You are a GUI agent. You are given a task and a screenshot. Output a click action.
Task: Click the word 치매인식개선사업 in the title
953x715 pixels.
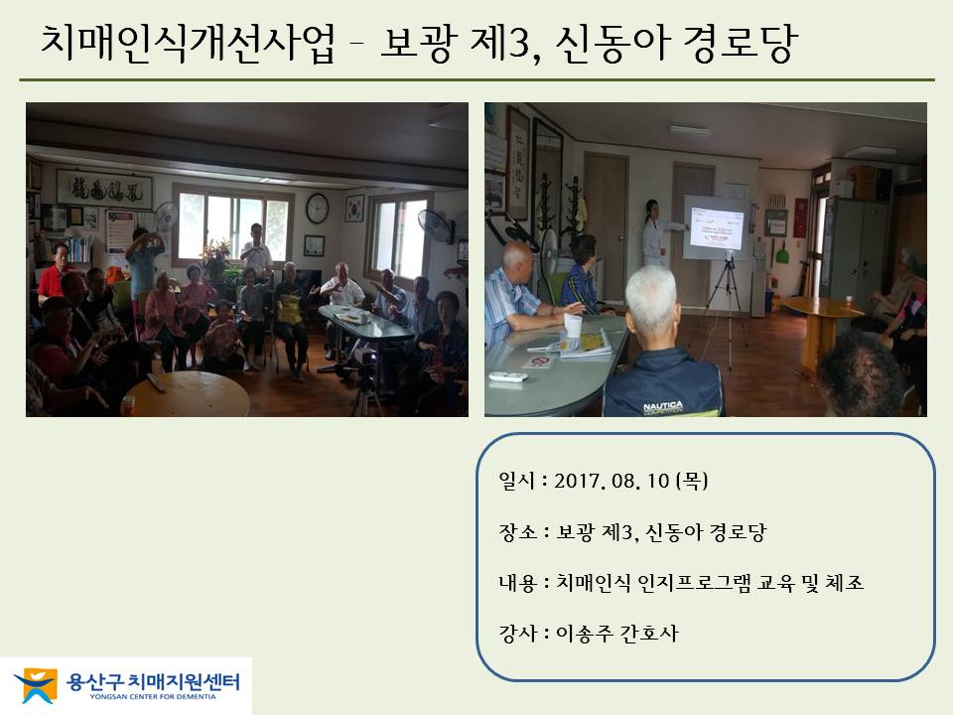click(188, 43)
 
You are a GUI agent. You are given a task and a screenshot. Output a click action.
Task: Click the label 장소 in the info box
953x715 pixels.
click(518, 532)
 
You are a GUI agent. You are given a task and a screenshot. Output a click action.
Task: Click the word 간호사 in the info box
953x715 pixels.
click(648, 634)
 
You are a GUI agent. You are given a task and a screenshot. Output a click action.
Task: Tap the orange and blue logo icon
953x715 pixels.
click(36, 685)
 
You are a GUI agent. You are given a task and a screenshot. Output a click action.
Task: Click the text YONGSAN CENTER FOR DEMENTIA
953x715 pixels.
click(153, 697)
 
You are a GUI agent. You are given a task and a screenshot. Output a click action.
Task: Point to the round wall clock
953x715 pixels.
click(318, 208)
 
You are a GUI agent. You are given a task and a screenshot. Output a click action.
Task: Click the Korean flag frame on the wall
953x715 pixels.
click(354, 208)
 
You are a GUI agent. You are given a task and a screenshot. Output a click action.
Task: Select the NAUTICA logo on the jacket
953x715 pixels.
click(662, 406)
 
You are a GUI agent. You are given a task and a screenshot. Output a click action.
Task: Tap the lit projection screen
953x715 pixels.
click(716, 227)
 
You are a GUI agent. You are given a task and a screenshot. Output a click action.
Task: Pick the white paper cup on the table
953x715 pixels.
click(573, 326)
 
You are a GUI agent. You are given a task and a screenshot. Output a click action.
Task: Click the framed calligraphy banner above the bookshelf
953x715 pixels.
click(104, 190)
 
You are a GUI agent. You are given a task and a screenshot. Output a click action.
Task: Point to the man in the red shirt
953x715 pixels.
click(52, 274)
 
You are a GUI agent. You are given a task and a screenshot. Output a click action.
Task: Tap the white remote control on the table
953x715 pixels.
click(508, 377)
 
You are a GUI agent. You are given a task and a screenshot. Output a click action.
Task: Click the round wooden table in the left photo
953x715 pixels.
click(188, 394)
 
